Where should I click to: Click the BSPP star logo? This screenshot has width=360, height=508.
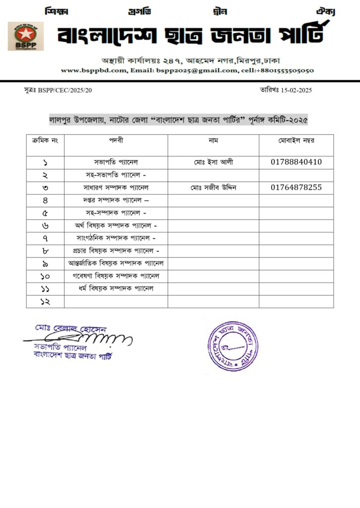click(x=25, y=36)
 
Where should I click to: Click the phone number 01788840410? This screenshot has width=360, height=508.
click(x=296, y=162)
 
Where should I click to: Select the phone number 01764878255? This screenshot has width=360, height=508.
click(x=296, y=188)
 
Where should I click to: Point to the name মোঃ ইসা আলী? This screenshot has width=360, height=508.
click(x=213, y=162)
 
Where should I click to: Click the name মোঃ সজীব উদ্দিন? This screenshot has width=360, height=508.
click(x=213, y=188)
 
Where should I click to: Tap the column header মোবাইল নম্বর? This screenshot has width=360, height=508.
click(x=296, y=140)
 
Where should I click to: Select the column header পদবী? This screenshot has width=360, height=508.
click(x=116, y=140)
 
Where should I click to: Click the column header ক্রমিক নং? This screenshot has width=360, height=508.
click(x=45, y=140)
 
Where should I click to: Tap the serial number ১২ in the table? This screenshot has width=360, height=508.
click(x=45, y=301)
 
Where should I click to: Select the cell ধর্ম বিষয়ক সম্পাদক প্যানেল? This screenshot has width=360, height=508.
click(x=116, y=288)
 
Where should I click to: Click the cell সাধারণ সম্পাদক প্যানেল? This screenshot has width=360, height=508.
click(x=116, y=188)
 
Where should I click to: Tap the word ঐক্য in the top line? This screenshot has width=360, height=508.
click(x=326, y=10)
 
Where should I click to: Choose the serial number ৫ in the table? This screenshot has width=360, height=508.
click(x=45, y=213)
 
